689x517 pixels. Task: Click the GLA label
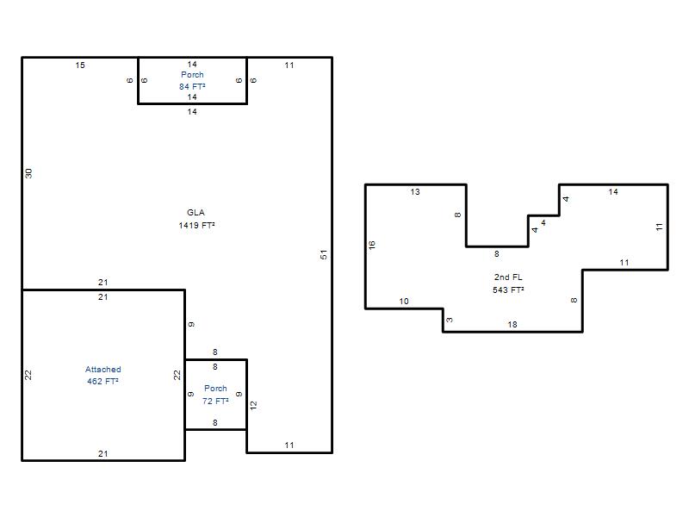196,212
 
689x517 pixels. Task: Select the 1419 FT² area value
196,225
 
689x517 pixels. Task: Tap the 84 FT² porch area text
192,87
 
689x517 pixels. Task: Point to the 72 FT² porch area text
215,401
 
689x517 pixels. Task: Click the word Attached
102,370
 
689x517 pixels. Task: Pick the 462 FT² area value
102,381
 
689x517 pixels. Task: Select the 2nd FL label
508,277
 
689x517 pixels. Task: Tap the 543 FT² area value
508,290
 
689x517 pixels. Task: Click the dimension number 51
324,254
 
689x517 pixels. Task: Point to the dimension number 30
28,173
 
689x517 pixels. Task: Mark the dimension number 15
80,65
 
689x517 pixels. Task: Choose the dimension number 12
253,405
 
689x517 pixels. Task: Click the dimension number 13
415,191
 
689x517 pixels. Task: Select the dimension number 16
372,245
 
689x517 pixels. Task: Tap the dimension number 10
404,301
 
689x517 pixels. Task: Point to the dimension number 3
449,320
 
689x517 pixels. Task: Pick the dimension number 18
512,325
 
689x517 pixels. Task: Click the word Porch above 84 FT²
192,75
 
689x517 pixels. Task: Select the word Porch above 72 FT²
215,389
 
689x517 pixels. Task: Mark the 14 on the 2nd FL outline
613,191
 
